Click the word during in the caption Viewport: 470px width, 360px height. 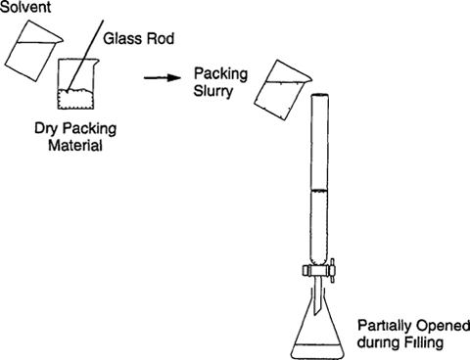pos(377,342)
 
